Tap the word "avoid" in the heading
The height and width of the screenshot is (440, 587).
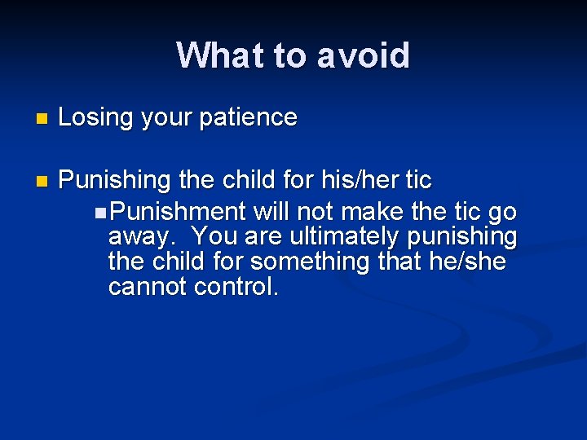364,55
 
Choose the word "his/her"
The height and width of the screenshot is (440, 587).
358,179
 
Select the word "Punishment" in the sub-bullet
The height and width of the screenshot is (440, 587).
178,213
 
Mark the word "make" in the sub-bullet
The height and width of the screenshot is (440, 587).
372,213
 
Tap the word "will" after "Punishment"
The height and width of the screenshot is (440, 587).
271,213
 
